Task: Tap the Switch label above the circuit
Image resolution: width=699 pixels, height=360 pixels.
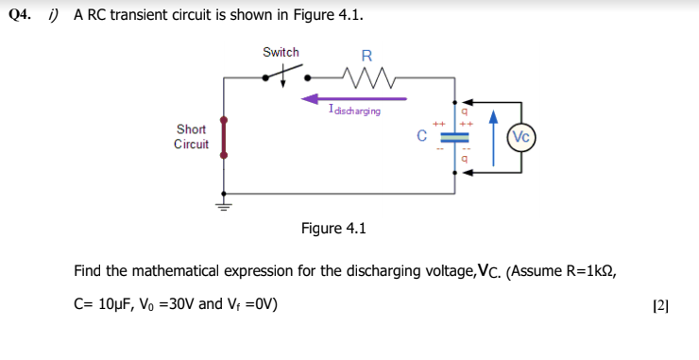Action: tap(281, 53)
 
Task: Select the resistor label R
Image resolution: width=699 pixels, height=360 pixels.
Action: tap(367, 55)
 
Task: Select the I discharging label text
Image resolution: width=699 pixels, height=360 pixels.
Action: tap(354, 111)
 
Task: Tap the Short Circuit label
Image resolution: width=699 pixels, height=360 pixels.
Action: tap(192, 136)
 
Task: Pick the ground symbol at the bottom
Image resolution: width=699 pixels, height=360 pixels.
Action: tap(223, 202)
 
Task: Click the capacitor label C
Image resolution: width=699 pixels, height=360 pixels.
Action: tap(423, 135)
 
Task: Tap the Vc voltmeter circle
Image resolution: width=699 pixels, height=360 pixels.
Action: tap(521, 136)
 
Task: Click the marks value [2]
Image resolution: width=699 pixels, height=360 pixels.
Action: tap(660, 304)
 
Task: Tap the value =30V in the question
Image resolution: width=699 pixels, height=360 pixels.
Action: tap(183, 303)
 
